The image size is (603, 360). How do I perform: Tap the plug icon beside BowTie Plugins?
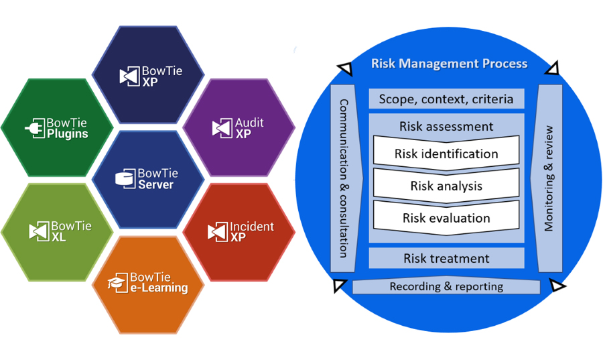coord(35,129)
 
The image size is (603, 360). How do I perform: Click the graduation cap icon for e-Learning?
coord(119,282)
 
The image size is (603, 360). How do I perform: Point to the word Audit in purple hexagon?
coord(249,123)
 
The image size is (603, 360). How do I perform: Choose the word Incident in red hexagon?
coord(251,227)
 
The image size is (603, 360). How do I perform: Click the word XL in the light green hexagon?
coord(58,237)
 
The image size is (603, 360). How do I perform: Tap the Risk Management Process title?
coord(449,64)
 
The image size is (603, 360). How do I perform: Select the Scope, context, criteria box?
coord(446,99)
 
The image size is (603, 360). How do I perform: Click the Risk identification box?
coord(446,154)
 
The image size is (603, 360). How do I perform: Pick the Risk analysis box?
coord(446,186)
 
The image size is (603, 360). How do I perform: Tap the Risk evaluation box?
coord(446,218)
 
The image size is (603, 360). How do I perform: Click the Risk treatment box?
coord(446,258)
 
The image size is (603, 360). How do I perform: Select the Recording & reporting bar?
coord(446,287)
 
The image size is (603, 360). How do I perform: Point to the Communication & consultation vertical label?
coord(343,178)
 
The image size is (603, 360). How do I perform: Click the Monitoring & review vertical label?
coord(549,178)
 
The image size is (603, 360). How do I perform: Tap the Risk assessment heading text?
coord(446,126)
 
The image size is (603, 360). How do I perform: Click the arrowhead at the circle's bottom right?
coord(555,288)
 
